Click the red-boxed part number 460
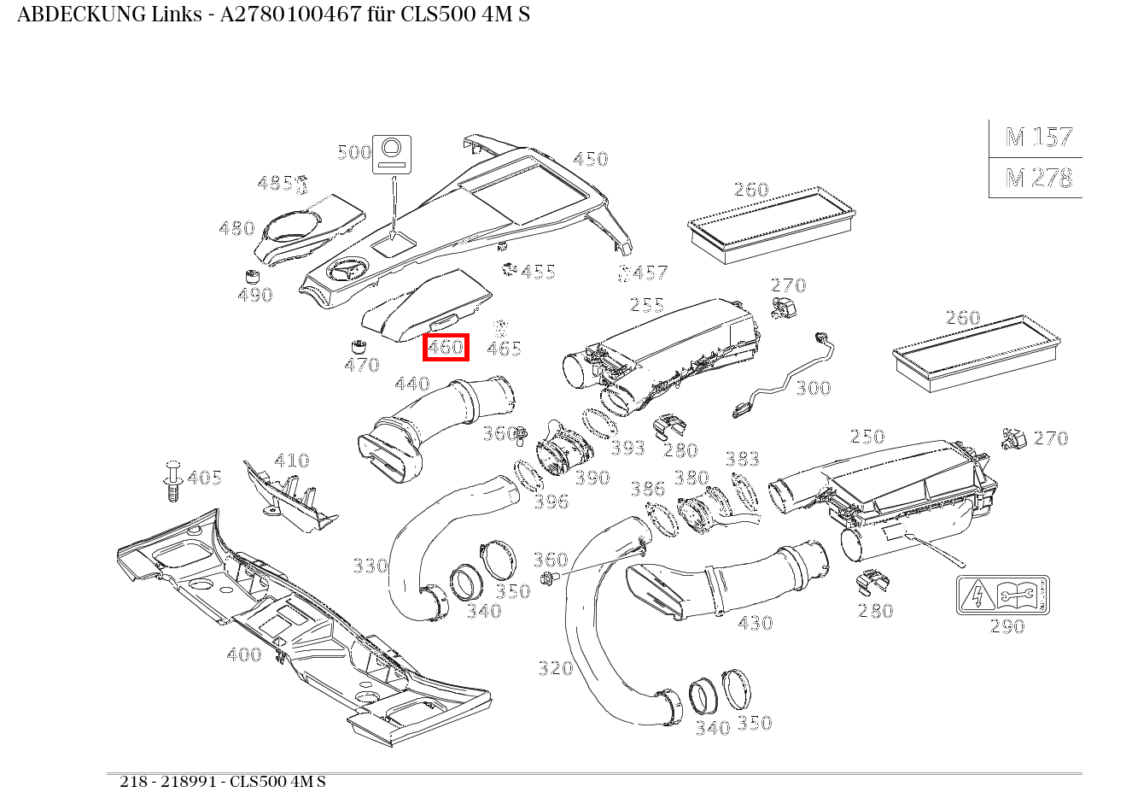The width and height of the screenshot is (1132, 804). (446, 348)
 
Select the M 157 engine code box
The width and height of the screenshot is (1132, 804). (1038, 138)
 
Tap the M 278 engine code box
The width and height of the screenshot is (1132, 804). (1038, 178)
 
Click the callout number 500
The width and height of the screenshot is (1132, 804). (354, 153)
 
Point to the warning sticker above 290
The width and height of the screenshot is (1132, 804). (1002, 595)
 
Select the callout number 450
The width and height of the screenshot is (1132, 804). (590, 159)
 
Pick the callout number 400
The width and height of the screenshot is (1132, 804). (244, 654)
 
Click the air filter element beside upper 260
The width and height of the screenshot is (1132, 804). (771, 223)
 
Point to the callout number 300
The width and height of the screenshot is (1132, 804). (813, 389)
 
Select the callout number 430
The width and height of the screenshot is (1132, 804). (755, 623)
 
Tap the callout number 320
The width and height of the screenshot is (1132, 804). (555, 668)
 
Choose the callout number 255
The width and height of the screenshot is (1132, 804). (647, 305)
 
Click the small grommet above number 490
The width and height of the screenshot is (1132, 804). (251, 277)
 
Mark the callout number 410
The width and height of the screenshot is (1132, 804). (291, 461)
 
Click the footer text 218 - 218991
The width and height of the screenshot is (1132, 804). (170, 782)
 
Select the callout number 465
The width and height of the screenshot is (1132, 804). (504, 349)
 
